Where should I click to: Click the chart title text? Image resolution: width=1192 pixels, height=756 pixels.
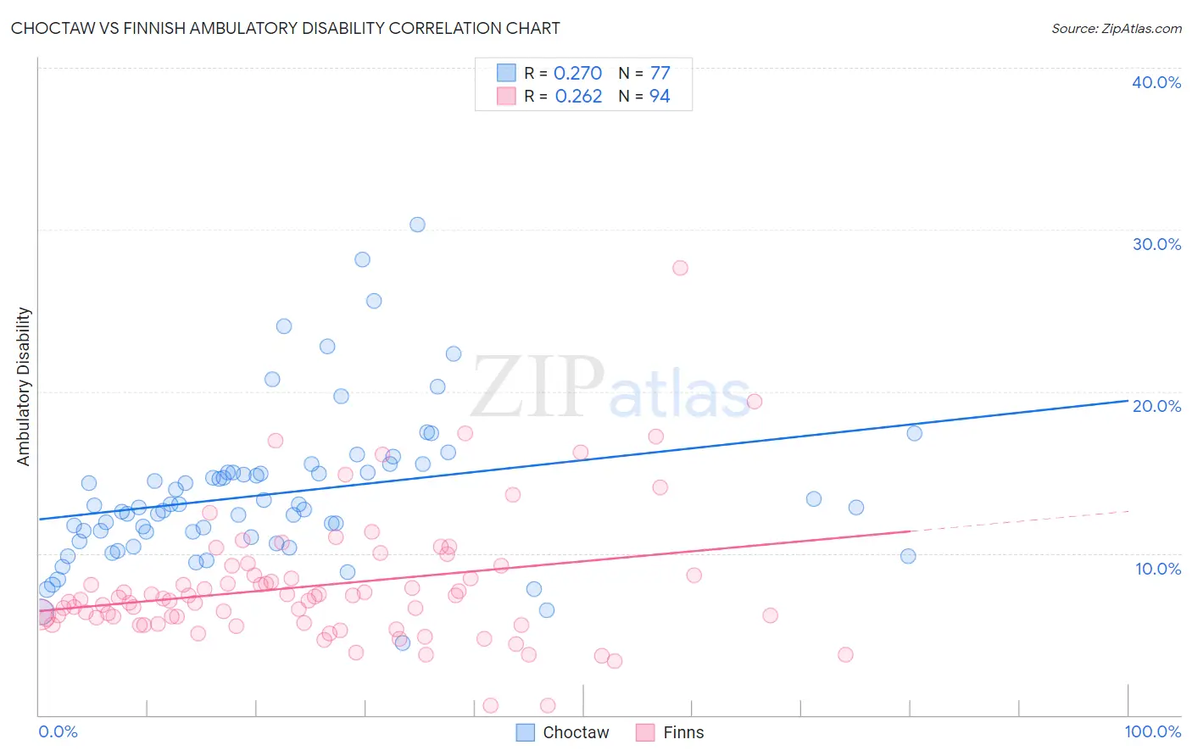click(x=285, y=28)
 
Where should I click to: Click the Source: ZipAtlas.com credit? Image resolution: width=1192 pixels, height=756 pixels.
click(x=1116, y=28)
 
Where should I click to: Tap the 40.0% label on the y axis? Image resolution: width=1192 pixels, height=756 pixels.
click(x=1156, y=82)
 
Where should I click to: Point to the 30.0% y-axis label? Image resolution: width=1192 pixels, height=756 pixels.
click(x=1156, y=244)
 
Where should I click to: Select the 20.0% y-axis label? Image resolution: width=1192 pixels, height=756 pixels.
click(x=1156, y=406)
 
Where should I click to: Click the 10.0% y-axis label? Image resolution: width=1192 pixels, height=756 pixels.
click(x=1157, y=568)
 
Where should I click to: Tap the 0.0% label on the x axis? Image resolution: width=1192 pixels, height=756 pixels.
click(x=58, y=732)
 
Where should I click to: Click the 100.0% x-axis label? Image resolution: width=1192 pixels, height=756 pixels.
click(x=1152, y=732)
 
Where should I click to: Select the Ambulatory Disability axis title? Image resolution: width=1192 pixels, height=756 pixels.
click(x=24, y=386)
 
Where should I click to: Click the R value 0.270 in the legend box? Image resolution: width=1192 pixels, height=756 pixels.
click(x=577, y=74)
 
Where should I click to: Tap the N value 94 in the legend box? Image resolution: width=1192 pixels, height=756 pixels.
click(x=660, y=97)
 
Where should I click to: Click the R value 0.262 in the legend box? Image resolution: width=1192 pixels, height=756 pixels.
click(x=578, y=97)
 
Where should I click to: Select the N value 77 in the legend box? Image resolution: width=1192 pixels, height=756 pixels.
click(x=660, y=74)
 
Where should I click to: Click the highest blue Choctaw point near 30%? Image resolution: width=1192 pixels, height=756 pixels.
click(x=417, y=225)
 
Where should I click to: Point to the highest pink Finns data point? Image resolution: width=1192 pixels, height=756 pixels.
click(x=680, y=268)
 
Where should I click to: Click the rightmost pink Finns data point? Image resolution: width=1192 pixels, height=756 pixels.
click(x=845, y=654)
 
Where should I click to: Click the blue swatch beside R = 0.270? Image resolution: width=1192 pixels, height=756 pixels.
click(x=506, y=73)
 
